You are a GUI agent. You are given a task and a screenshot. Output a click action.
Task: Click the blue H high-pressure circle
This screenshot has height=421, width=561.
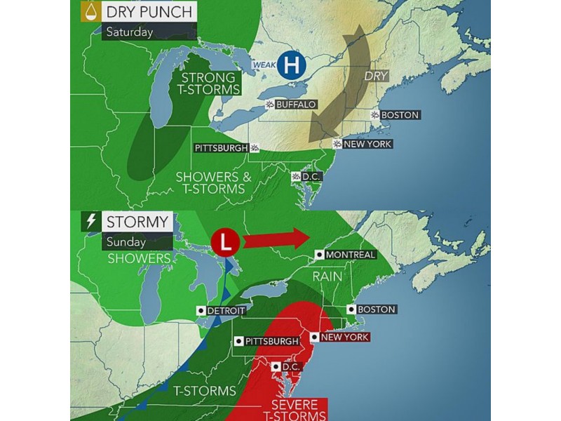click(x=292, y=66)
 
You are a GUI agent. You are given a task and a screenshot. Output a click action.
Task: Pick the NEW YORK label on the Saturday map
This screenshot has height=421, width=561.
click(x=367, y=144)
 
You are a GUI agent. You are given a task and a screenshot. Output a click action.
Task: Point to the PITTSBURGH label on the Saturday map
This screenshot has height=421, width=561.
click(x=222, y=148)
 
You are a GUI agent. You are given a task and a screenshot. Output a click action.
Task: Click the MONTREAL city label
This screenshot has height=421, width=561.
click(x=350, y=255)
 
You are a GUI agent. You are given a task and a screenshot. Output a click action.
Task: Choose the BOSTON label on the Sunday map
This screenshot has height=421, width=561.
click(x=377, y=309)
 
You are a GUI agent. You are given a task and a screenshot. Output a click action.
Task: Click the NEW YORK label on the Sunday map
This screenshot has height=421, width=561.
click(x=344, y=337)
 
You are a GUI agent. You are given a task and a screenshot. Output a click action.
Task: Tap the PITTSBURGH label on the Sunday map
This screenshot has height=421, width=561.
click(x=271, y=341)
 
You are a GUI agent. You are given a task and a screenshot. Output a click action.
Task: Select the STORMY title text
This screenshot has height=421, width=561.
click(x=137, y=222)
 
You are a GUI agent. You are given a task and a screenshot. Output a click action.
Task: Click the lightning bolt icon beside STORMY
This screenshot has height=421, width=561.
click(x=90, y=222)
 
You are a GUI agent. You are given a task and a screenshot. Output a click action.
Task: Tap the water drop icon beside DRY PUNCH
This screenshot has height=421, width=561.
click(x=89, y=11)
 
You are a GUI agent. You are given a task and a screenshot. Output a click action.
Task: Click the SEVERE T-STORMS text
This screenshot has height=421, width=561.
click(x=294, y=411)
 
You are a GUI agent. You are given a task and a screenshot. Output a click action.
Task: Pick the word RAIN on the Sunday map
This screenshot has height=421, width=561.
click(x=327, y=276)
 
